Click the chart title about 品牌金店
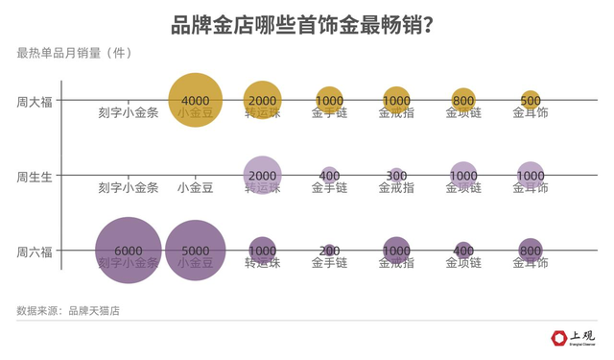306,24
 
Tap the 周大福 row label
35,100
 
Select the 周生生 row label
35,176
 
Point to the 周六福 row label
35,252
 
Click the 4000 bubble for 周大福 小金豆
196,100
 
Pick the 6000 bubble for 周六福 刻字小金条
128,251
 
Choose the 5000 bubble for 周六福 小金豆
196,251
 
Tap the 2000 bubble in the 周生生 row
262,176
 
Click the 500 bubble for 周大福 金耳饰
531,100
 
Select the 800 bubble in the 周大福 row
463,100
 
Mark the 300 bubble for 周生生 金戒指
396,176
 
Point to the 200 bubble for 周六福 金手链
329,252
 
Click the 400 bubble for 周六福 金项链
463,252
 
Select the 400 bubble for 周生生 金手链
329,176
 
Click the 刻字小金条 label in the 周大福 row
128,112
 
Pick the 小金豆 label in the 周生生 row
196,188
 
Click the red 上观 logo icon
559,338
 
